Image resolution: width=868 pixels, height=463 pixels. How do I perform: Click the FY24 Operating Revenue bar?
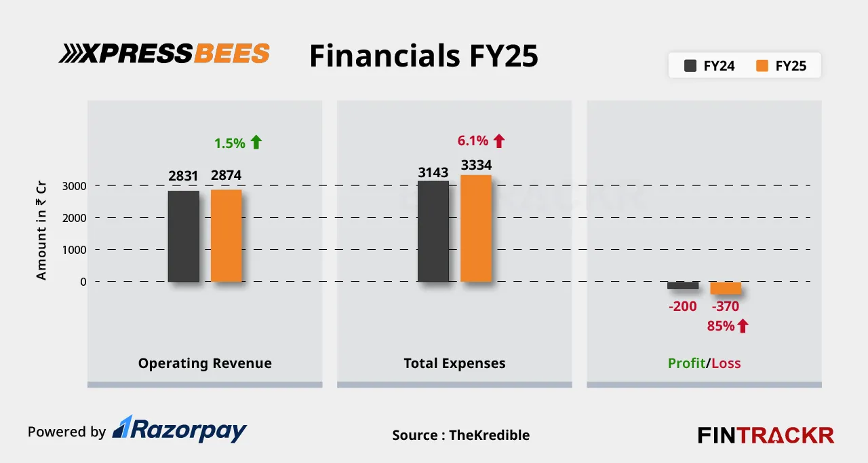coord(183,236)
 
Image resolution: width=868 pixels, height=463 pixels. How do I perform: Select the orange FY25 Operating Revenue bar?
coord(226,236)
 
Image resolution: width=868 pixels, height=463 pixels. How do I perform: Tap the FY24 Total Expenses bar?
coord(433,231)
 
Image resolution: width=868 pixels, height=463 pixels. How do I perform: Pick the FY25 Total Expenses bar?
coord(476,229)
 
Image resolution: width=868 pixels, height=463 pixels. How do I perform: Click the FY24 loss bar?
coord(682,286)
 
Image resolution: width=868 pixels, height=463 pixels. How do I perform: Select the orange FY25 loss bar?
coord(726,288)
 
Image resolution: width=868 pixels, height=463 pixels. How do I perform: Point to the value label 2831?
coord(183,177)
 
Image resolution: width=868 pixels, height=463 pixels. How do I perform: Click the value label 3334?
coord(476,165)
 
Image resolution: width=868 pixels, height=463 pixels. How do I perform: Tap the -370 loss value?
coord(726,306)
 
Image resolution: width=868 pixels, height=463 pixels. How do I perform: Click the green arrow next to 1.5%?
coord(256,142)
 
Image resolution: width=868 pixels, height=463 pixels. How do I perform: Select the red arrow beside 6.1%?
coord(499,141)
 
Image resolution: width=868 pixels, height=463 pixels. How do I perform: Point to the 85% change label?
coord(721,326)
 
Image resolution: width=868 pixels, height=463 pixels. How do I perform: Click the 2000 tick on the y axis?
coord(73,218)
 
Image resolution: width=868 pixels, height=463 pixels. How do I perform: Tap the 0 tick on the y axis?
coord(83,282)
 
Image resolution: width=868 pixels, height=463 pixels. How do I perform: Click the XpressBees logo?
coord(164,54)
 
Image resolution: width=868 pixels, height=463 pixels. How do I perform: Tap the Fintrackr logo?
coord(766,434)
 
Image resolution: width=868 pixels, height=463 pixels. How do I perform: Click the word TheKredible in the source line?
coord(489,435)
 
